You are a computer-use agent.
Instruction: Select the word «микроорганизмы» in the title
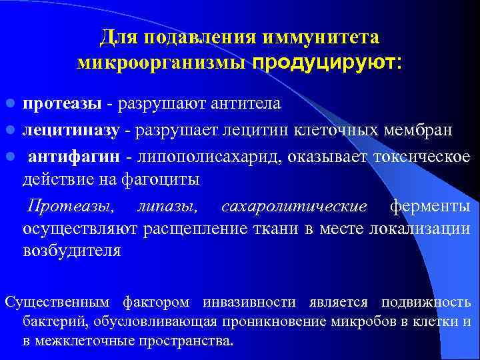point(163,63)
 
